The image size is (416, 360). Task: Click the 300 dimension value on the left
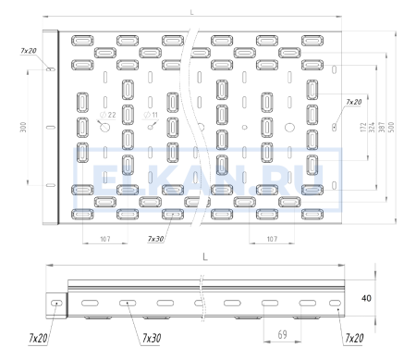[23, 127]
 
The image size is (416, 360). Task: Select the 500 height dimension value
[391, 127]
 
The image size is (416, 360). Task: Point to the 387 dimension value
[382, 127]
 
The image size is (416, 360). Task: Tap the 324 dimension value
[372, 127]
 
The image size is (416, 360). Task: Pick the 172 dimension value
[363, 127]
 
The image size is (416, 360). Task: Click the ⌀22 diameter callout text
[108, 115]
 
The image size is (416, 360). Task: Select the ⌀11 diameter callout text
[151, 115]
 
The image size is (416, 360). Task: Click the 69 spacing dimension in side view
[282, 334]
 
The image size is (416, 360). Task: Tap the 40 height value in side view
[366, 298]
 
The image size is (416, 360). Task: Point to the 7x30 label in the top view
[155, 239]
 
